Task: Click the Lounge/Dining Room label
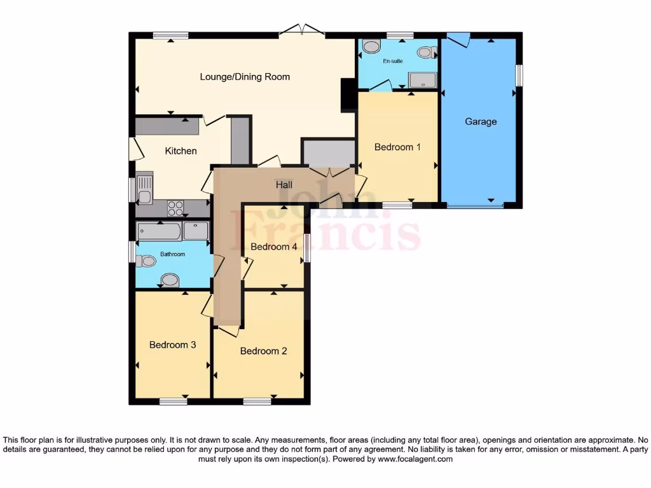245,77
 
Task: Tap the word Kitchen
181,151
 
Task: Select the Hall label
284,185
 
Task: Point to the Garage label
481,121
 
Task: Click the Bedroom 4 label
274,247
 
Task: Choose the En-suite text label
392,62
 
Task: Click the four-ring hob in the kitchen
175,208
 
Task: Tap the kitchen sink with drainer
144,189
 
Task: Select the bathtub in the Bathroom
160,231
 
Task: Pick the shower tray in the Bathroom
196,231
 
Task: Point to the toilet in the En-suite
370,46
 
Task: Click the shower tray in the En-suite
423,80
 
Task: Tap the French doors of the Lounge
303,29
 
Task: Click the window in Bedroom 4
307,248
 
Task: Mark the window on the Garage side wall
519,76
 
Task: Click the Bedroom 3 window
173,401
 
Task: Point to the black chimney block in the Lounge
348,95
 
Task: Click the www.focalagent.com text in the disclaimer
416,459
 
